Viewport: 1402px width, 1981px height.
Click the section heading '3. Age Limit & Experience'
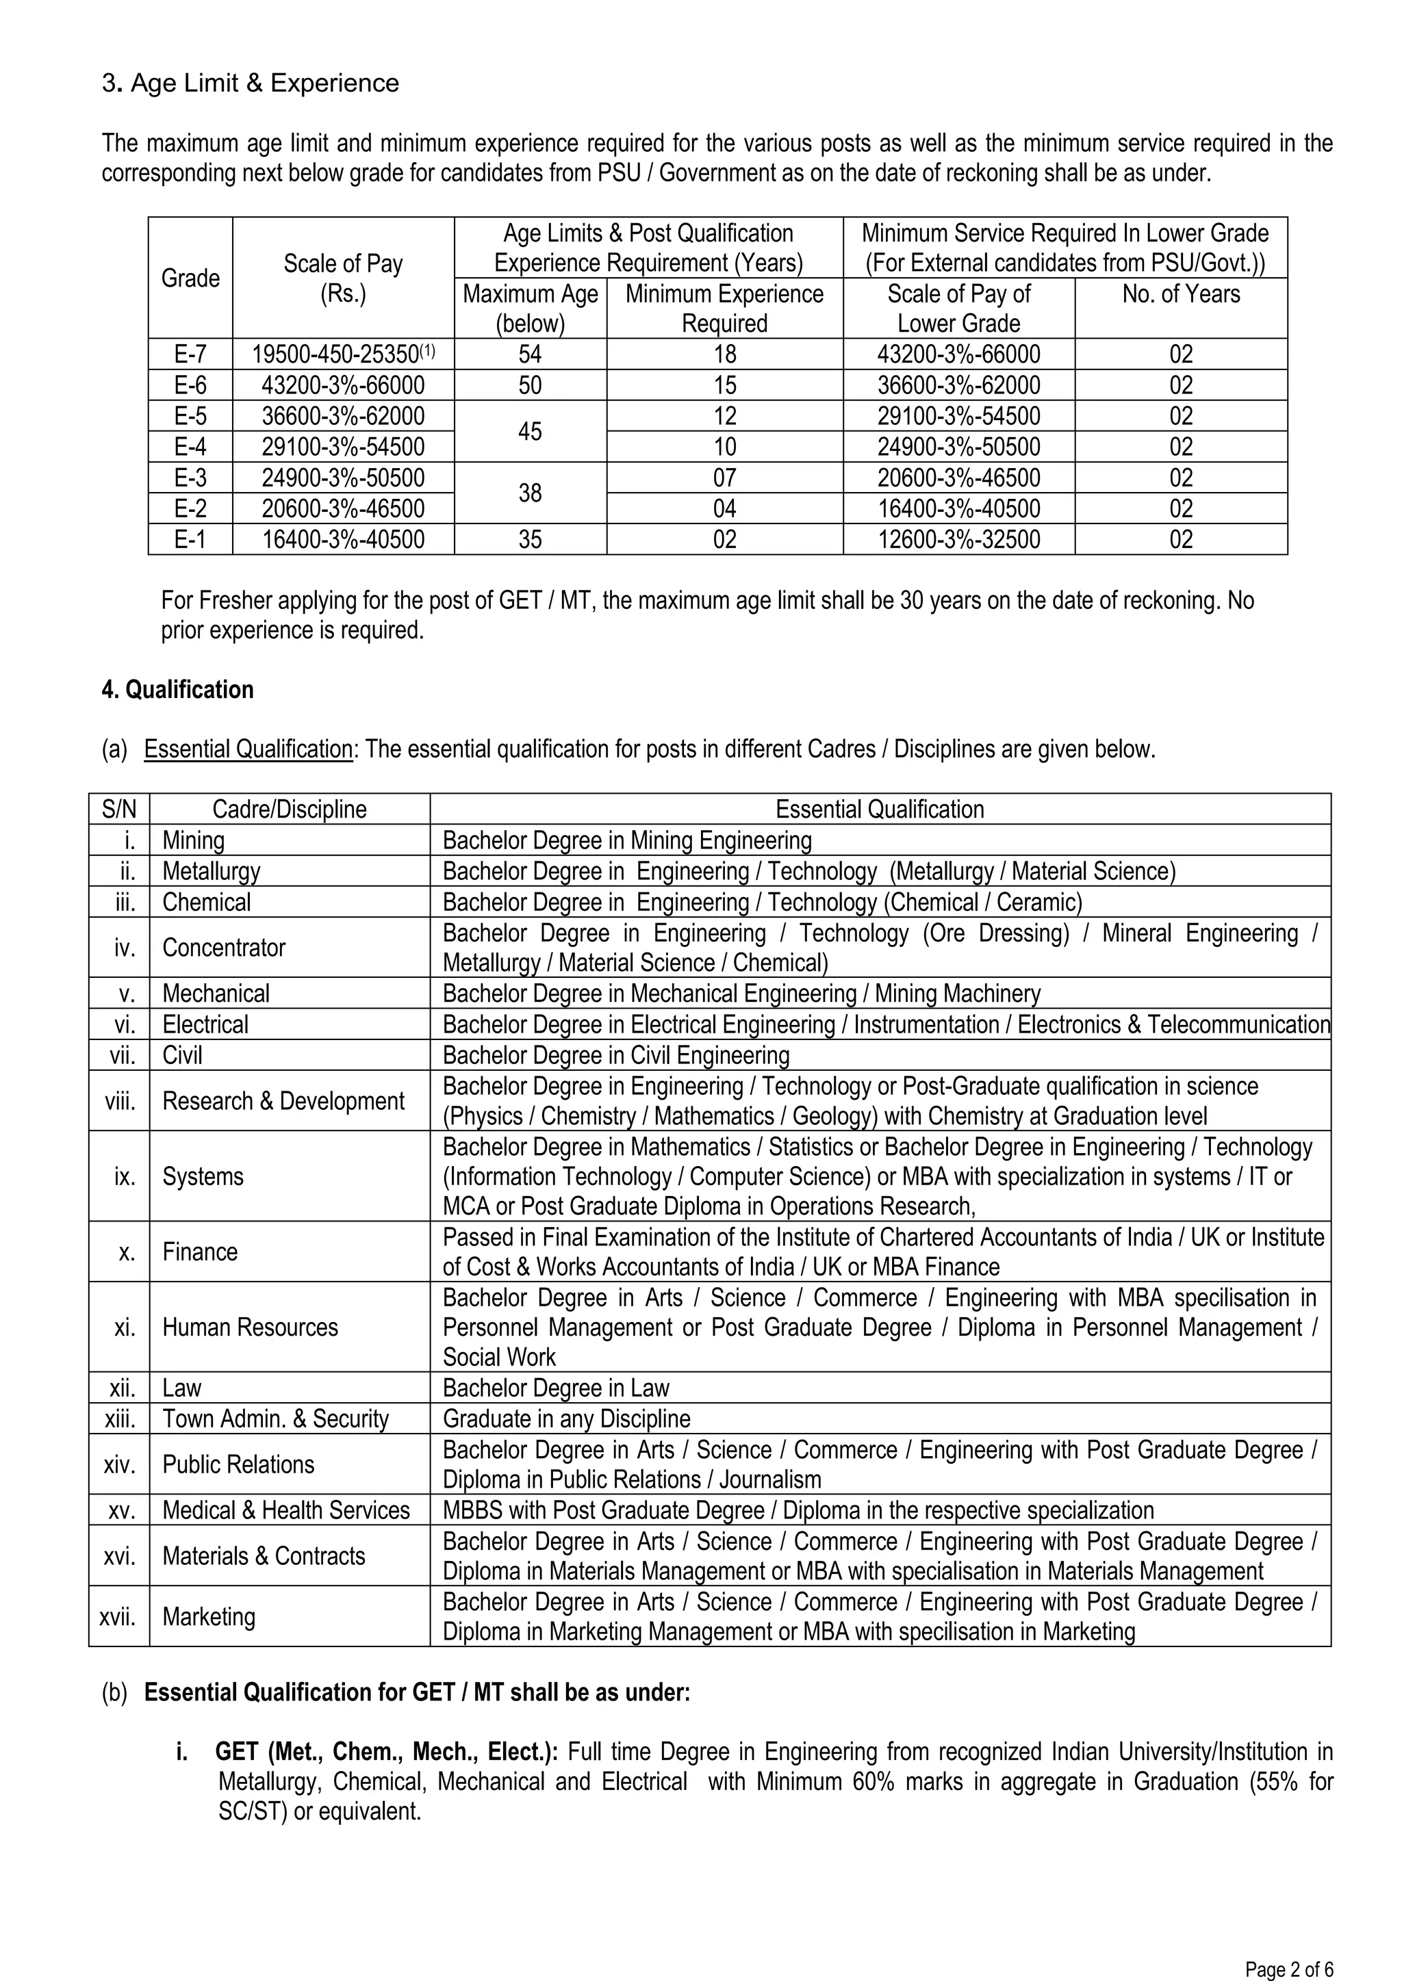[x=251, y=83]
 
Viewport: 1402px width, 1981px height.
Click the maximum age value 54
[x=530, y=354]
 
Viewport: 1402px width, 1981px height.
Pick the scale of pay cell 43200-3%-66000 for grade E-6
[x=343, y=385]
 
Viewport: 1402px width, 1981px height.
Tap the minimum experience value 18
[x=724, y=354]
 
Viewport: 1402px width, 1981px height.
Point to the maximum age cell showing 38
[x=530, y=493]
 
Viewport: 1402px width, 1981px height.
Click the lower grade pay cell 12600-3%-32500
[x=958, y=539]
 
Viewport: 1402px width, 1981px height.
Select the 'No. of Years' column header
[x=1180, y=294]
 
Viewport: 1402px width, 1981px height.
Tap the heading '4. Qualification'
[x=178, y=689]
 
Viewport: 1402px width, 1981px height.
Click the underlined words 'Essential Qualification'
[x=248, y=749]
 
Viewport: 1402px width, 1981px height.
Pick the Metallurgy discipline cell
[x=212, y=870]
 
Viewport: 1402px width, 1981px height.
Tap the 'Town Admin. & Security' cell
[x=275, y=1419]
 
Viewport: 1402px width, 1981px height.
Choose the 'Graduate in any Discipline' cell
[x=566, y=1419]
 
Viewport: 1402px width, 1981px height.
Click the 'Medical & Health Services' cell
[x=285, y=1510]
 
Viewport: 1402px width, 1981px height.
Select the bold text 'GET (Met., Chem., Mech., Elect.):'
[x=386, y=1752]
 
